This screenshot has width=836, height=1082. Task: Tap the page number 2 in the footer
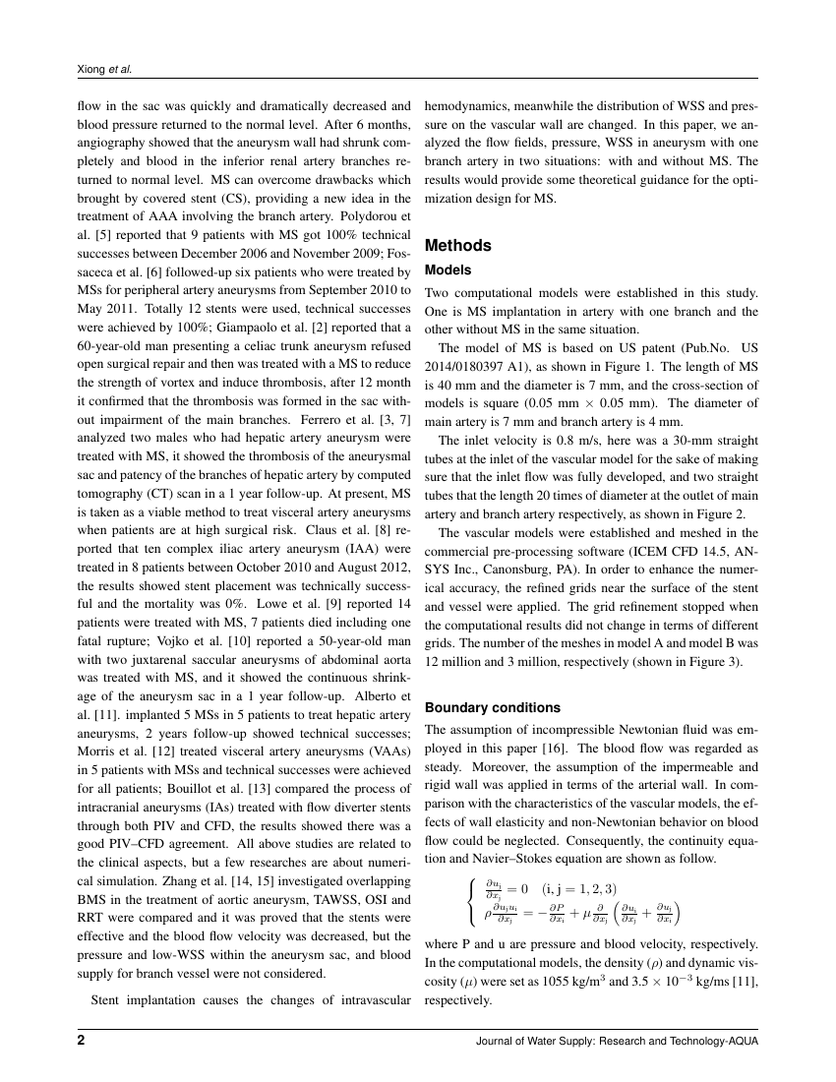tap(82, 1041)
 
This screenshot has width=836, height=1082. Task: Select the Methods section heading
tap(457, 245)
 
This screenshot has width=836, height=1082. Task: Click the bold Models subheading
tap(448, 270)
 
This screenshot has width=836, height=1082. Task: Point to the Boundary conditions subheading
tap(492, 707)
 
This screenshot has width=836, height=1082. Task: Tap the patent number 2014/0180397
tap(471, 365)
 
